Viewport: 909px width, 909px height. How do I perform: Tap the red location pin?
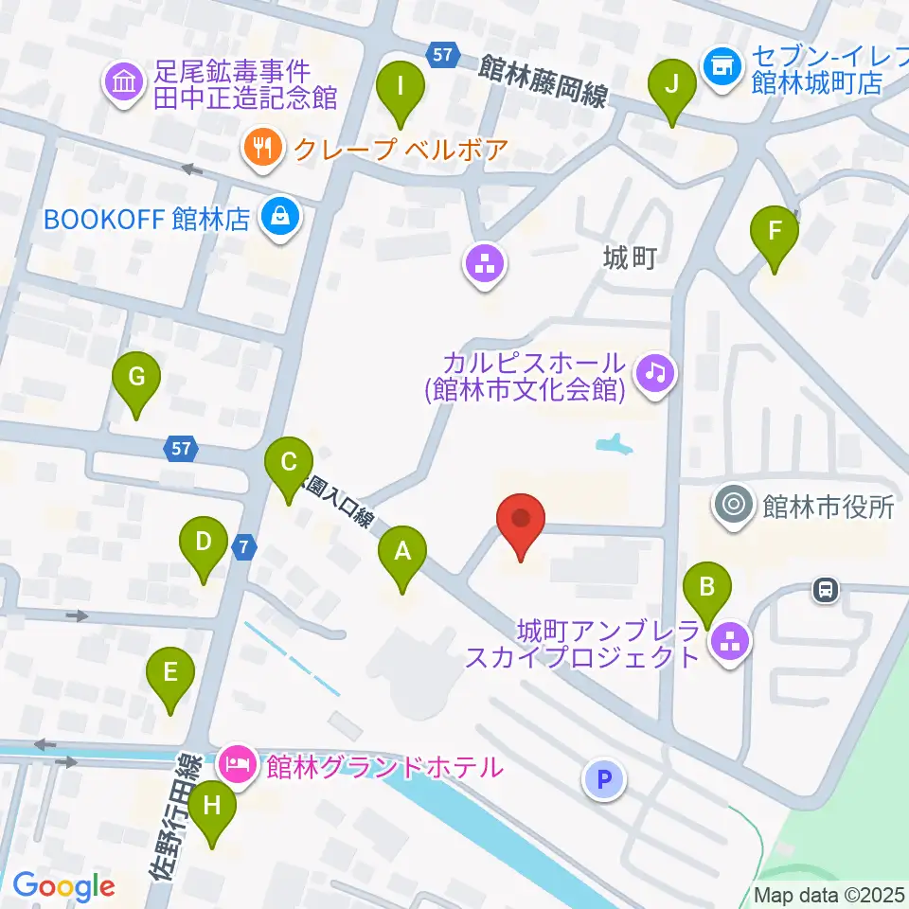tap(521, 525)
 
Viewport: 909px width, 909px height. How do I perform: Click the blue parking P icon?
tap(605, 779)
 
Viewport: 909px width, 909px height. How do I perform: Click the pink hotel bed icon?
tap(237, 762)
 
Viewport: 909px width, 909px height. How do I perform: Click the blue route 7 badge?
tap(244, 546)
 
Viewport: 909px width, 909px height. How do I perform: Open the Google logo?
tap(64, 886)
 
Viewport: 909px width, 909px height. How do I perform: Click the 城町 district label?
tap(629, 257)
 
